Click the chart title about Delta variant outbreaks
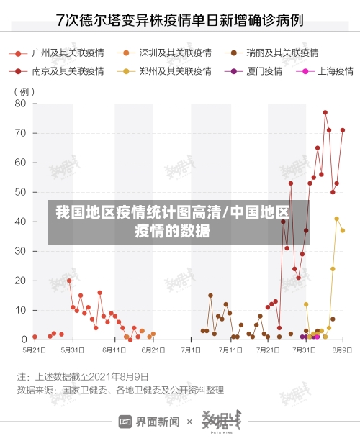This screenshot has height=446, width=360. point(180,19)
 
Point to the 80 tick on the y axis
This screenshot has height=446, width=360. point(20,104)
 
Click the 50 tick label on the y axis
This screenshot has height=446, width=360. point(20,192)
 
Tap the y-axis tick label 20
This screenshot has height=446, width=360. point(20,281)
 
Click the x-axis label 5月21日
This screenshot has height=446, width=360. point(34,350)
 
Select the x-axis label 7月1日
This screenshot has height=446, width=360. point(191,350)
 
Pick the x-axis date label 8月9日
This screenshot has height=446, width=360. point(341,350)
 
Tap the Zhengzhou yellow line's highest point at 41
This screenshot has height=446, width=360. point(336,219)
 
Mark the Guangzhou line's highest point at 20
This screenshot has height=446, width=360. point(69,281)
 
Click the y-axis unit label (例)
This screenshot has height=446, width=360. point(24,91)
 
